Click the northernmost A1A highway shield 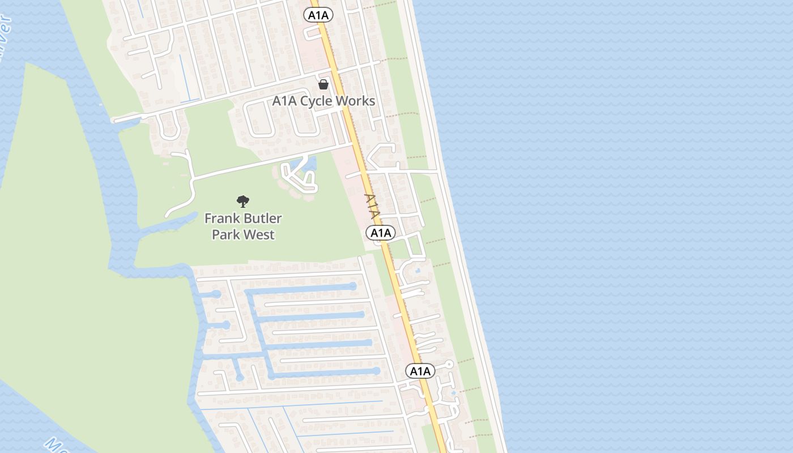click(318, 15)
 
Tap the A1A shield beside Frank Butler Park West click(381, 233)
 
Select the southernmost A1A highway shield click(420, 371)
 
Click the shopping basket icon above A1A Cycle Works click(323, 85)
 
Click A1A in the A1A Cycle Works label click(285, 101)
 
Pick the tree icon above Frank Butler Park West click(243, 201)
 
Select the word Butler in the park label click(263, 219)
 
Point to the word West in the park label click(261, 234)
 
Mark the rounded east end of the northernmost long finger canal click(353, 287)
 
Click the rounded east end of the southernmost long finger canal click(376, 371)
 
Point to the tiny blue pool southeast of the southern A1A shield click(453, 392)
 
